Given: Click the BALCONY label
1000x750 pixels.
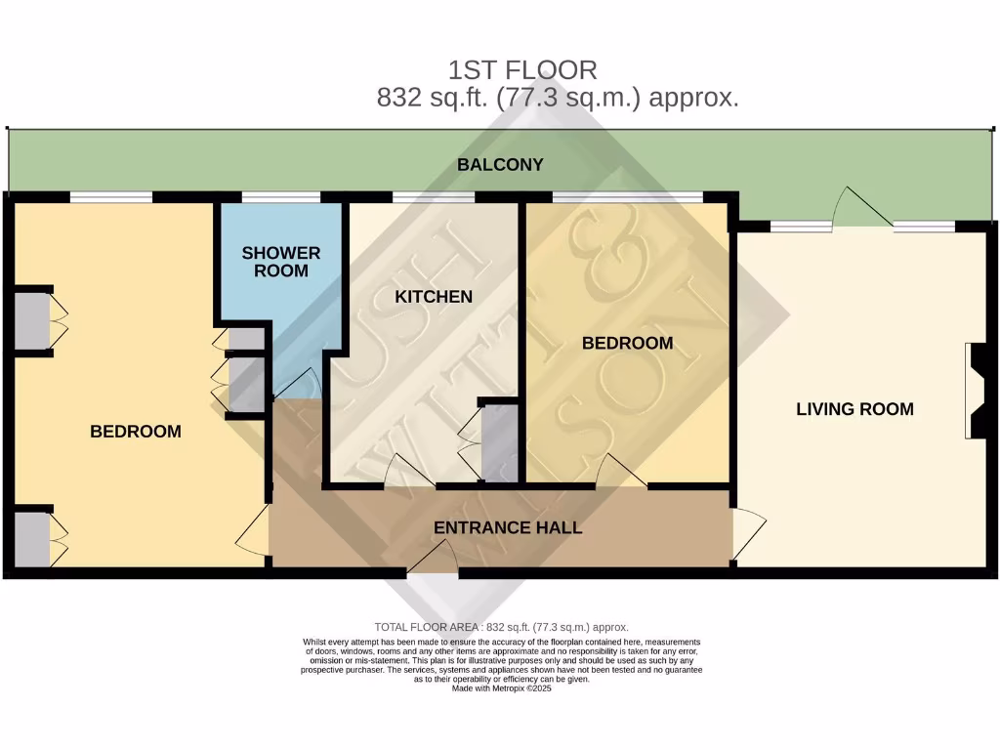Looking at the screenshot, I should tap(500, 165).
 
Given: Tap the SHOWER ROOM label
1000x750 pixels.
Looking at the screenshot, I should tap(281, 262).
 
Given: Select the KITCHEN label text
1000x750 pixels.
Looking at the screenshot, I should tap(434, 297).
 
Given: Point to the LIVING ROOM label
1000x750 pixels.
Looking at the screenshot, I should tap(854, 409).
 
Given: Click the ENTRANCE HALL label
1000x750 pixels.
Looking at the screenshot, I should tap(508, 528).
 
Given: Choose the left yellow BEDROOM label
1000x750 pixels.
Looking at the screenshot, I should tap(136, 432).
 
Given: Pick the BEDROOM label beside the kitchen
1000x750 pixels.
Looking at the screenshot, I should tap(627, 343).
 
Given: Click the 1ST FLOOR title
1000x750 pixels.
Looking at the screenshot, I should tap(522, 70).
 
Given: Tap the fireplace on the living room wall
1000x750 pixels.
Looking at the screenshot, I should tap(978, 391).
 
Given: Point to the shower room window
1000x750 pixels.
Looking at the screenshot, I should tap(281, 197).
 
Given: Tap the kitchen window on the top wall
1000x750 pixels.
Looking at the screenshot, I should tap(434, 197).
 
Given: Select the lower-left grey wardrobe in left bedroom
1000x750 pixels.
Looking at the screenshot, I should tap(30, 538).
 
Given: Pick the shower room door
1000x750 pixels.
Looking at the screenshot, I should tap(297, 383).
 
